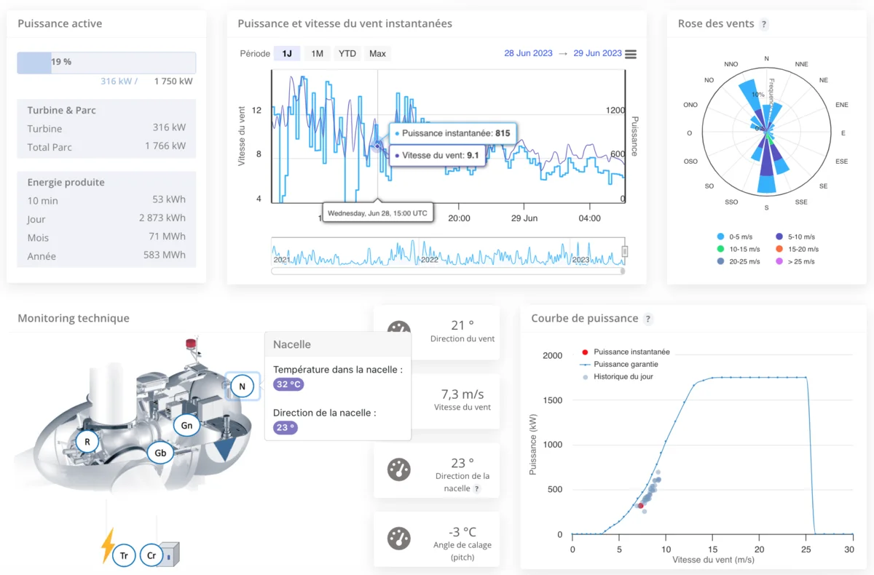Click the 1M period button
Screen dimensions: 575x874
coord(317,53)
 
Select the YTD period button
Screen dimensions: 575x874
coord(347,53)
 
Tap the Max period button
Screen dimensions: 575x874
coord(377,53)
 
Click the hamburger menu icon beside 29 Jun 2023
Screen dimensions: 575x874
coord(631,54)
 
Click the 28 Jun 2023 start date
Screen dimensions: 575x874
coord(529,53)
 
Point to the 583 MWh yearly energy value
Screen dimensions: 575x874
coord(165,255)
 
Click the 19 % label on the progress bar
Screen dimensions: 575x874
coord(61,62)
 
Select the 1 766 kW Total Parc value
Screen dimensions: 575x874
coord(166,146)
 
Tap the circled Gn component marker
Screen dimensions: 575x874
coord(186,425)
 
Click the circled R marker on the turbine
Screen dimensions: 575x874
coord(87,440)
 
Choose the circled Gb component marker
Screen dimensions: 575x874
coord(160,453)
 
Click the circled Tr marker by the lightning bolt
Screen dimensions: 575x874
coord(125,555)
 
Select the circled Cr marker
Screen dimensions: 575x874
coord(151,555)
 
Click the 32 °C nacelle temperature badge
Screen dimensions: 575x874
coord(288,384)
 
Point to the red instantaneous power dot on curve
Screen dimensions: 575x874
coord(640,505)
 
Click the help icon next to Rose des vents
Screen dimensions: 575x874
coord(763,24)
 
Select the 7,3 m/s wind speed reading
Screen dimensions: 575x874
coord(461,394)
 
